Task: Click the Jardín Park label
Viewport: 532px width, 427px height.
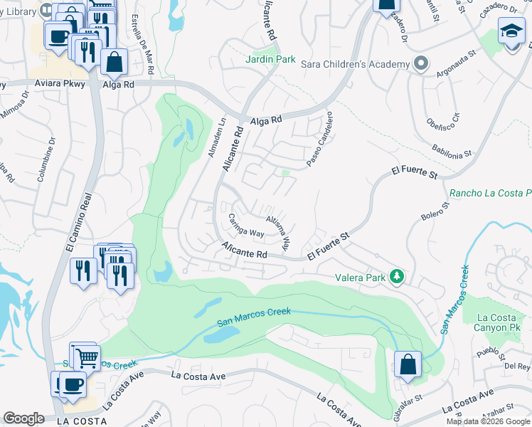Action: [271, 60]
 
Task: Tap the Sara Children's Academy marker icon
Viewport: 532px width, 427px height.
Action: [421, 64]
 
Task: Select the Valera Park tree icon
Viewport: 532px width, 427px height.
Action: [398, 277]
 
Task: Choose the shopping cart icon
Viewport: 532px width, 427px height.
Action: [86, 359]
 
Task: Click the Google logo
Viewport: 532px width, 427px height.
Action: [24, 418]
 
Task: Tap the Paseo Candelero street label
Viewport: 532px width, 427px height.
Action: [319, 139]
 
